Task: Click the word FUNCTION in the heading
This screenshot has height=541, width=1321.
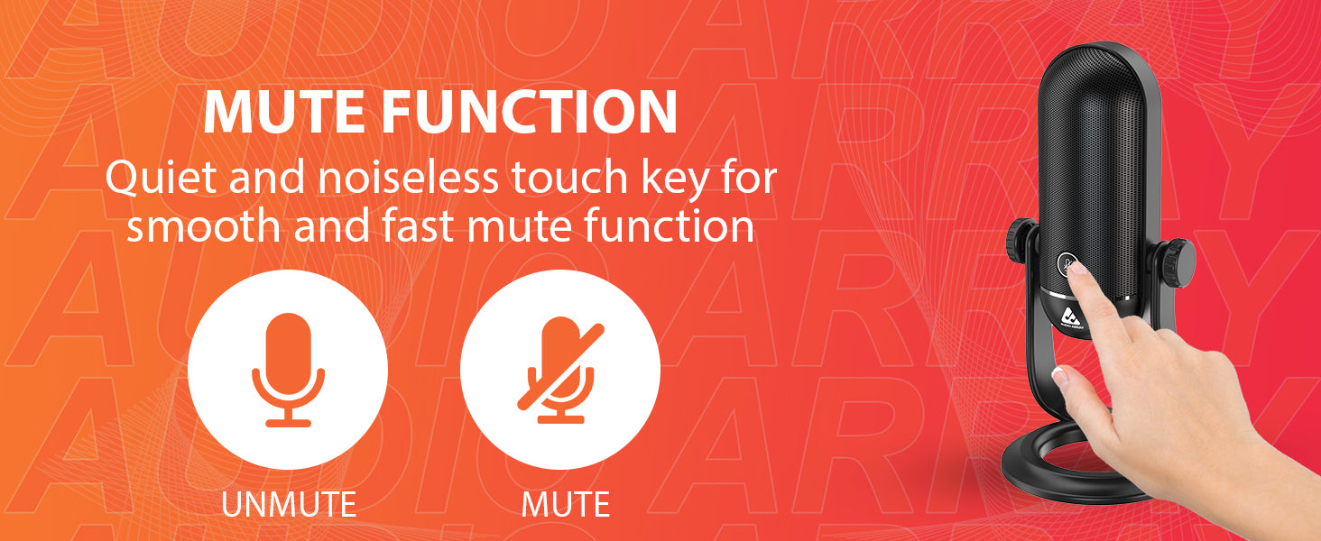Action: pos(530,112)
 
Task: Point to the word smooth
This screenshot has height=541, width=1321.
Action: pos(203,226)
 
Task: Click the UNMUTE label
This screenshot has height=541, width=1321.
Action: pos(289,504)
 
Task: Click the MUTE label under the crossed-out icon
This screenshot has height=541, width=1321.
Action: pos(566,504)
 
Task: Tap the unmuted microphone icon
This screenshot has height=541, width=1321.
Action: pos(288,370)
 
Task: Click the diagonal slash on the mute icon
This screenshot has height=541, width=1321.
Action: pos(561,366)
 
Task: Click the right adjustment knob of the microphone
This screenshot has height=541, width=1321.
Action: pos(1174,263)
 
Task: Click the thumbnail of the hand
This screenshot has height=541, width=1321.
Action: pos(1059,376)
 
